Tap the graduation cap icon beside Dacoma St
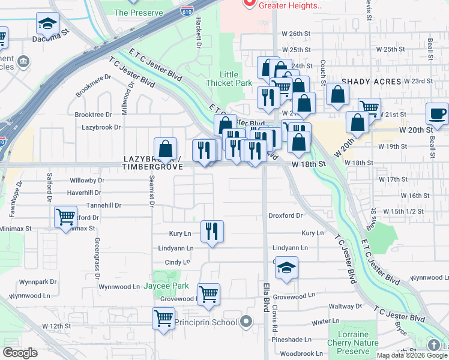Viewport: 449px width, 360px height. [47, 24]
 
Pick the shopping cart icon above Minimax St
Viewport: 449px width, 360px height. [65, 217]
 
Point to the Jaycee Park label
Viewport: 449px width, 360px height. [166, 286]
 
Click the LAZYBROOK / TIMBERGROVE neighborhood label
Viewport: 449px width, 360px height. [152, 163]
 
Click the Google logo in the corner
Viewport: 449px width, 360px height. [20, 353]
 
